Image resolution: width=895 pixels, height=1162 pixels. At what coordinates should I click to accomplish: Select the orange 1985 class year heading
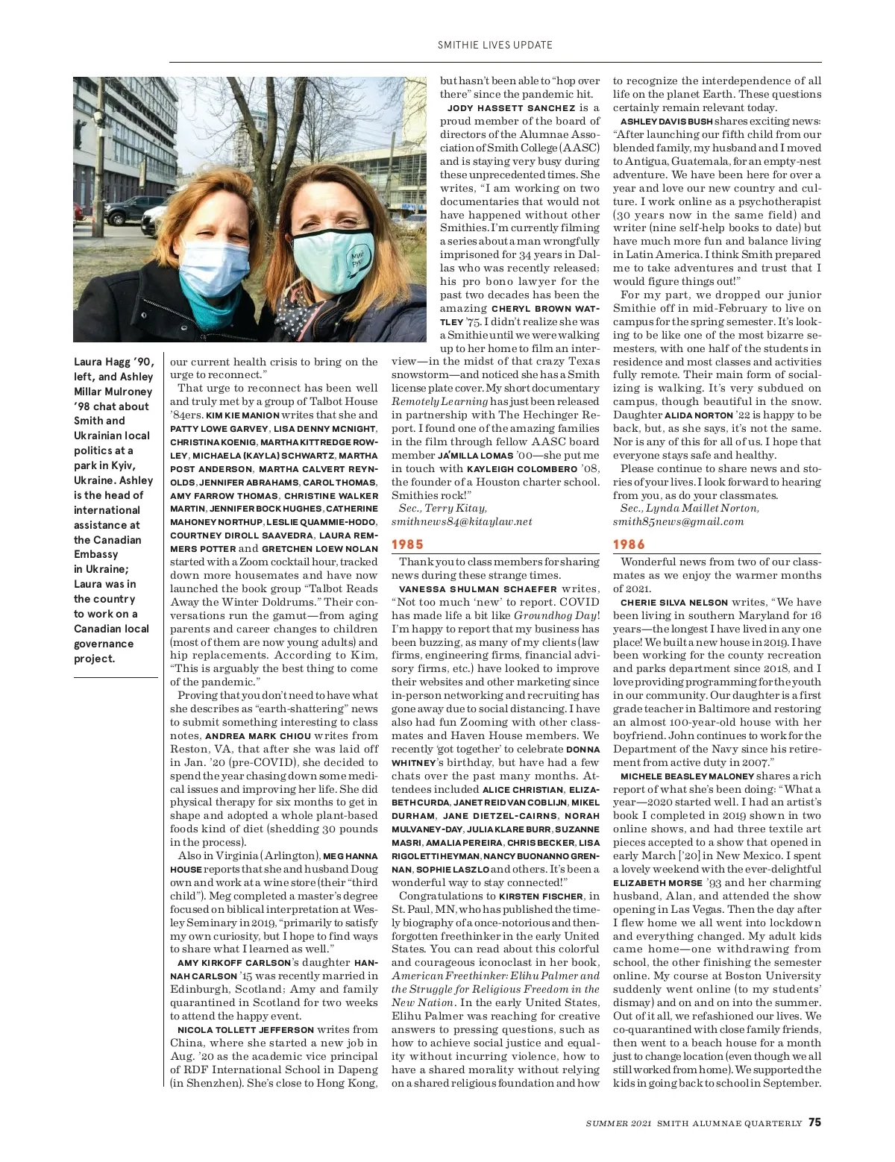[407, 544]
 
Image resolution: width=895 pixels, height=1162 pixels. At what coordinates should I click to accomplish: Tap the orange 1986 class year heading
[629, 544]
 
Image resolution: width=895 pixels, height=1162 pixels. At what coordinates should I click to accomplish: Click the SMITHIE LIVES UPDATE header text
[495, 45]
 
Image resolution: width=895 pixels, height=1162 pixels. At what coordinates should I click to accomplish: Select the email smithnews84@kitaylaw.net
[462, 521]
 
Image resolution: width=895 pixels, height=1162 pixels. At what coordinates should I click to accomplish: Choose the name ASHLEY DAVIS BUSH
[666, 122]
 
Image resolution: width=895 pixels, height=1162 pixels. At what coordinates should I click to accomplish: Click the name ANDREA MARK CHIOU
[252, 736]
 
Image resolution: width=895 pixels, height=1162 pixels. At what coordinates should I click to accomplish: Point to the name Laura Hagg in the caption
[101, 362]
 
